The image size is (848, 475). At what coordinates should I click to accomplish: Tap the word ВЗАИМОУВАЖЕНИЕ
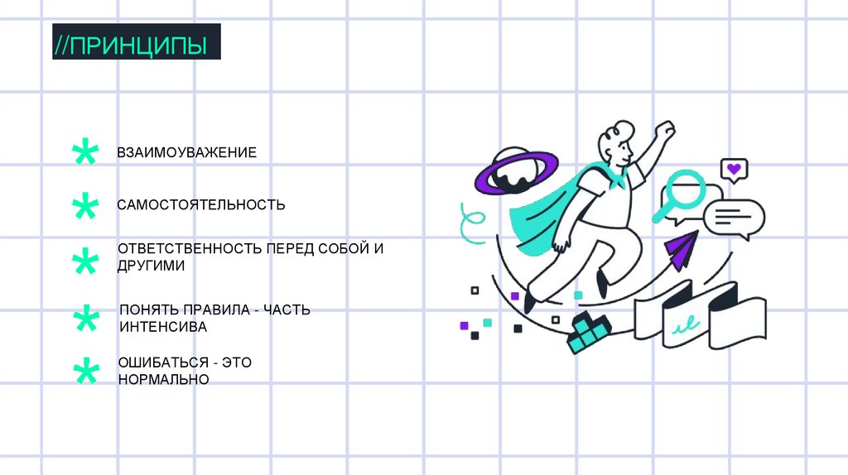186,152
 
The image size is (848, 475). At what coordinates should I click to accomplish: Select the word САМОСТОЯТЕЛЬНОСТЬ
201,204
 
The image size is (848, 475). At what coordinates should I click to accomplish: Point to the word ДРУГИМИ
151,266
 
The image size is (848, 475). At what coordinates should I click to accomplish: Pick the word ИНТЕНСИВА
162,327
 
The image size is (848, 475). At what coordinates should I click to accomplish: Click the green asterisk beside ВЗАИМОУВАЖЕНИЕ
84,153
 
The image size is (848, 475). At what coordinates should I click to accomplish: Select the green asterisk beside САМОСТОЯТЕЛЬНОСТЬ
84,207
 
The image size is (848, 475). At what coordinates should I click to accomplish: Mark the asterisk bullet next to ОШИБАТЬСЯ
84,372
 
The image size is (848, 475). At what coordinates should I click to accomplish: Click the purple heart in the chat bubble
733,169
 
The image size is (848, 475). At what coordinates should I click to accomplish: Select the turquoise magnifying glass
683,193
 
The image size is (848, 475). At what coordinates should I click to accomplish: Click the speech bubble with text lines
734,218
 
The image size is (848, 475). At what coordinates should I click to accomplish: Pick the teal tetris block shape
589,333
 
